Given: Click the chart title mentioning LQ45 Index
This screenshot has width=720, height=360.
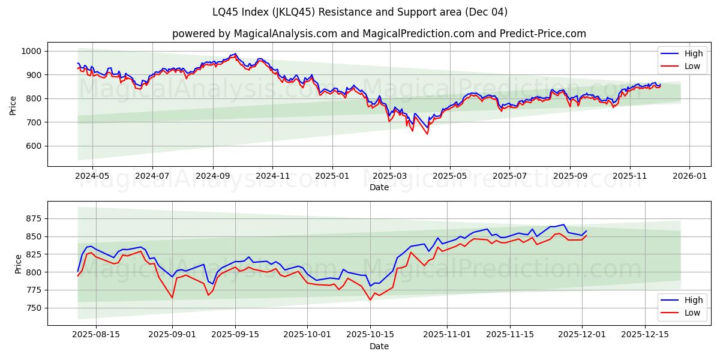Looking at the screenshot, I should pyautogui.click(x=359, y=12).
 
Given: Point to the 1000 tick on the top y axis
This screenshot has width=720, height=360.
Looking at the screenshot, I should pyautogui.click(x=31, y=52).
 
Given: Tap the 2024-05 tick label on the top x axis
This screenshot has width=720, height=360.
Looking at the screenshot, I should pyautogui.click(x=92, y=176).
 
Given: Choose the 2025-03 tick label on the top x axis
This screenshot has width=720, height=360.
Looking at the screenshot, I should pyautogui.click(x=390, y=176).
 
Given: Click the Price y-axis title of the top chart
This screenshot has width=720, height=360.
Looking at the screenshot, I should pyautogui.click(x=13, y=104).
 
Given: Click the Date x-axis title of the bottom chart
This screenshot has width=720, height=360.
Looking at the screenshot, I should pyautogui.click(x=379, y=346).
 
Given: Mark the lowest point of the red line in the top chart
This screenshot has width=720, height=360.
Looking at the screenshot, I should pyautogui.click(x=427, y=134).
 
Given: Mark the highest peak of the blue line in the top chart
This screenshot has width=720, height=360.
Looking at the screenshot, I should pyautogui.click(x=235, y=53).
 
